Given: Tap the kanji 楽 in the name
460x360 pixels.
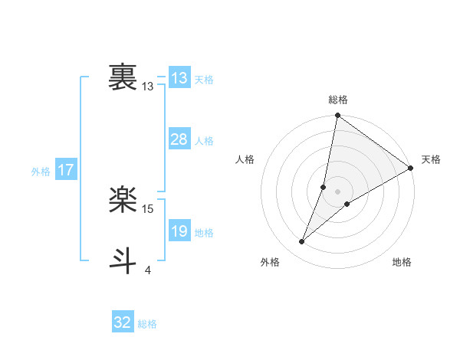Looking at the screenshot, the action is [x=123, y=201].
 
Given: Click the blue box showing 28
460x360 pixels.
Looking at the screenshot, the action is [x=179, y=139].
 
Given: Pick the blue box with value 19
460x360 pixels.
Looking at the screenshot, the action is [x=179, y=231].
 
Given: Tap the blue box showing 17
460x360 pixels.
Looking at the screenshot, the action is [x=65, y=170].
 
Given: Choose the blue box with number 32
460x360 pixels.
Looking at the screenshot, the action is [x=123, y=322].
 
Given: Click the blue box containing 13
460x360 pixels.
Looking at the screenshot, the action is [x=179, y=78].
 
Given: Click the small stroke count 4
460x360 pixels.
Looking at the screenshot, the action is [x=147, y=270].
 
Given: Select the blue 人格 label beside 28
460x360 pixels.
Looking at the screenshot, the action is [x=204, y=141].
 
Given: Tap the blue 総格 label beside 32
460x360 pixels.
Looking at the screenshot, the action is [x=147, y=324].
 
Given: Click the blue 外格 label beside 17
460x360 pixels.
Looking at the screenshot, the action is [x=41, y=172].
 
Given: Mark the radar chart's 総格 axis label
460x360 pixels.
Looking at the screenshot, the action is [x=338, y=100].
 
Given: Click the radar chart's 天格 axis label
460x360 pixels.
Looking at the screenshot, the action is [x=431, y=159].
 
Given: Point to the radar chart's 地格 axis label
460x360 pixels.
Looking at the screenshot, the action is [x=402, y=263].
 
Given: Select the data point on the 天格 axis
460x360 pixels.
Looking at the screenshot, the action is [x=411, y=168].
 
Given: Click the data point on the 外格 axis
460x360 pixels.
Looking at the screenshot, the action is [x=302, y=242].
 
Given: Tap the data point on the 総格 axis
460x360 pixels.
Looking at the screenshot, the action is [x=338, y=116].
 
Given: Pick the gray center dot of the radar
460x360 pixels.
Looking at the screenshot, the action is [x=338, y=191].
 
